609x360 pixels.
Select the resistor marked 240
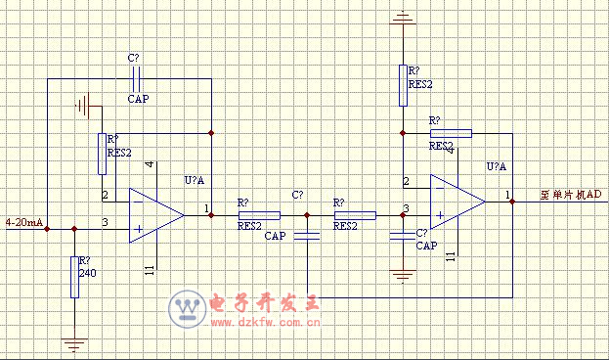(x=74, y=277)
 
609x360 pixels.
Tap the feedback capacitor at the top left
(x=138, y=79)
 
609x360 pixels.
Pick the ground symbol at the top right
(x=402, y=17)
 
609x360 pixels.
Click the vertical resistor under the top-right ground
(x=402, y=85)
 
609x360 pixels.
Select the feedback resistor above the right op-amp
(x=451, y=132)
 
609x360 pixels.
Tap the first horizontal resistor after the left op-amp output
(x=259, y=214)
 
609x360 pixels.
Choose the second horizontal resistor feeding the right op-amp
(x=356, y=214)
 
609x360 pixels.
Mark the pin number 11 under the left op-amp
(x=150, y=269)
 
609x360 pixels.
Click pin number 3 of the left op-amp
(x=106, y=224)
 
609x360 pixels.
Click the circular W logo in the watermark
(x=186, y=310)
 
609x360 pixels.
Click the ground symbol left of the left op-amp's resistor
(x=83, y=104)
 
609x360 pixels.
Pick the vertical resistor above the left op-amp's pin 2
(x=102, y=154)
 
